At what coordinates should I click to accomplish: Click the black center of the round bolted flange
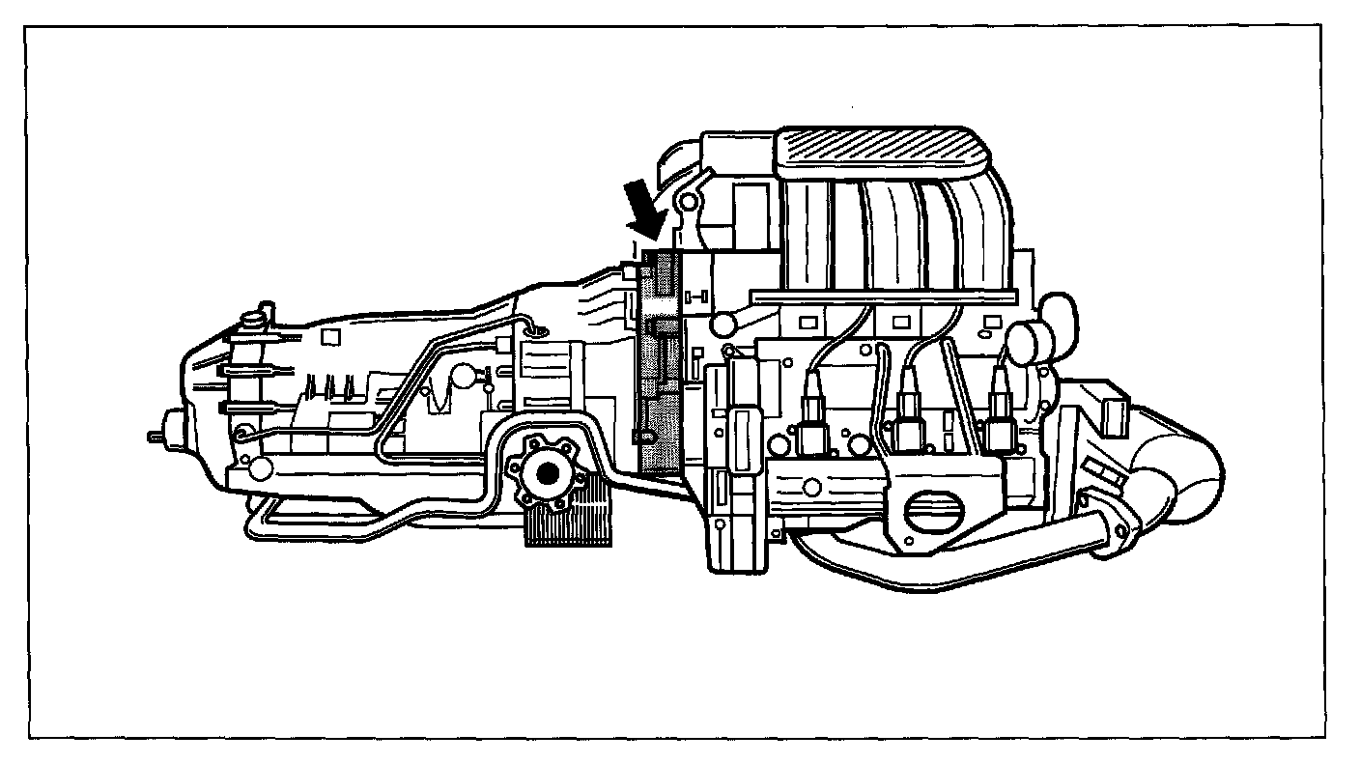click(x=549, y=474)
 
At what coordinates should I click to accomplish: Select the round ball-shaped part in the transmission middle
click(x=464, y=375)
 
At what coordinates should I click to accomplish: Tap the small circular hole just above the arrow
click(x=686, y=202)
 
